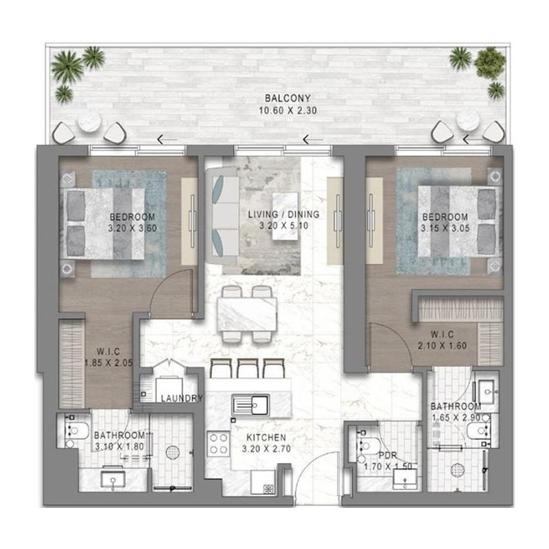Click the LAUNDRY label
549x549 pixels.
(x=181, y=399)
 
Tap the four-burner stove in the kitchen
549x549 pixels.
(x=220, y=443)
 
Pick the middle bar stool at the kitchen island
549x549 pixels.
(x=246, y=368)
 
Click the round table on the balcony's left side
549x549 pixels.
(x=89, y=123)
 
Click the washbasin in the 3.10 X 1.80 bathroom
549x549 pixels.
(x=113, y=478)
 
